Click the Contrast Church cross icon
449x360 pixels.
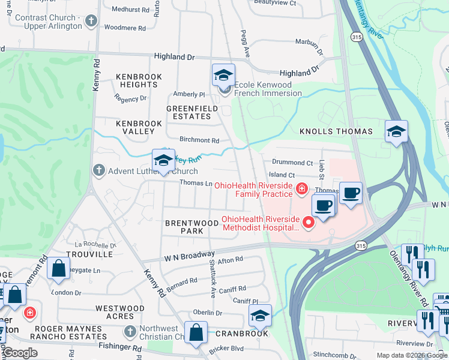point(91,22)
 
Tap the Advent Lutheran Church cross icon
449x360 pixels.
point(100,171)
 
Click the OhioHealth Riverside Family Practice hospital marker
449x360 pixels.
point(302,190)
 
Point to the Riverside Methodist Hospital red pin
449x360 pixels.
point(309,223)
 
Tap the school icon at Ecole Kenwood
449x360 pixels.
point(223,75)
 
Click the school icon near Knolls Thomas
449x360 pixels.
point(396,131)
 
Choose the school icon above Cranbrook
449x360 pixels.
point(260,316)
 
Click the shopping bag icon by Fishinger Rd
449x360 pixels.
point(196,333)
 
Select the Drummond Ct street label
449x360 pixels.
point(292,163)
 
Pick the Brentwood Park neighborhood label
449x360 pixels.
point(192,227)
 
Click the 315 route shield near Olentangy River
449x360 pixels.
point(357,37)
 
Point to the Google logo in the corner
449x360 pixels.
point(20,353)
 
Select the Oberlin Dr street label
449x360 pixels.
point(208,313)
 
